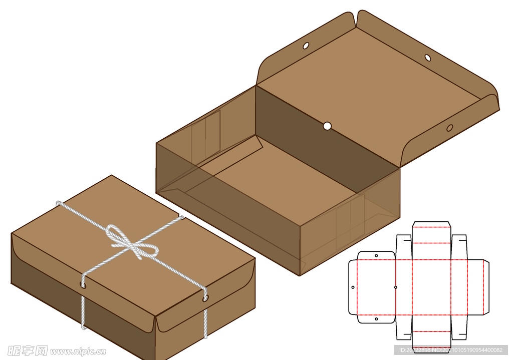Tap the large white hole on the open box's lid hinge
[327, 126]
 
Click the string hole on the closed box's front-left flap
[83, 285]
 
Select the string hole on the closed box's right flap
[205, 298]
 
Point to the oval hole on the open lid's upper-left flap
[306, 46]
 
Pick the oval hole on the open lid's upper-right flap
[428, 58]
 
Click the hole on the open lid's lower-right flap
[449, 128]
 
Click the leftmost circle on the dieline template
[353, 287]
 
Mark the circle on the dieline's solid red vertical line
[396, 287]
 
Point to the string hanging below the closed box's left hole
[83, 310]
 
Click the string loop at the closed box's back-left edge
[60, 204]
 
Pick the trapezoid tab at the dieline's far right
[486, 287]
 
